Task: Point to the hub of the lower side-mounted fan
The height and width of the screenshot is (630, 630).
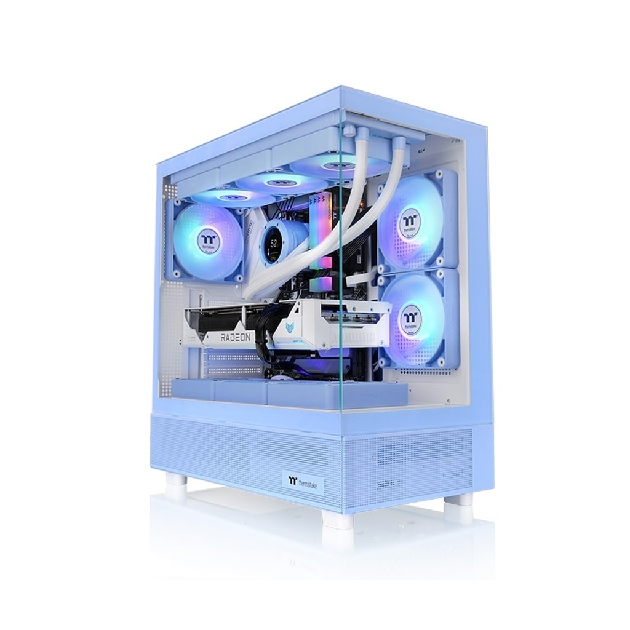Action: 408,317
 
